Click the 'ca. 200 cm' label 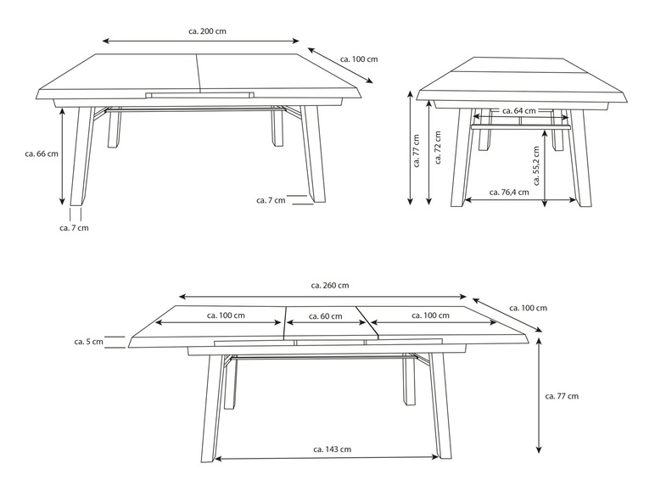(x=208, y=31)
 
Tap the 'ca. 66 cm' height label (x=42, y=153)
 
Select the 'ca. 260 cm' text (x=330, y=286)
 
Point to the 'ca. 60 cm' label (x=326, y=316)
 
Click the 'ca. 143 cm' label (x=332, y=449)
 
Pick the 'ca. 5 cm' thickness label (x=88, y=342)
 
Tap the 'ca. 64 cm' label (x=518, y=110)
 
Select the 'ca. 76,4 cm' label (x=509, y=192)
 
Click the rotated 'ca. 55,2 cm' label (x=537, y=165)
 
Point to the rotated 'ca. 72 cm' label (x=438, y=148)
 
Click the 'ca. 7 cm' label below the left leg (x=74, y=228)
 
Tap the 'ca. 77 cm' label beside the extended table (x=562, y=396)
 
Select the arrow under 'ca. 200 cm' (x=201, y=41)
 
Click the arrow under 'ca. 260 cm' (x=323, y=297)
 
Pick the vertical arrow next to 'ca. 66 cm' (x=62, y=156)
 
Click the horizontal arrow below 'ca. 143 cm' (x=327, y=458)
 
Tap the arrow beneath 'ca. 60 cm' (x=327, y=323)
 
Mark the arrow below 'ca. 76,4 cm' (x=520, y=200)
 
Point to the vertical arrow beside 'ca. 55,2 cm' (x=545, y=169)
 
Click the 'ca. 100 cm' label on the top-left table (x=359, y=59)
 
